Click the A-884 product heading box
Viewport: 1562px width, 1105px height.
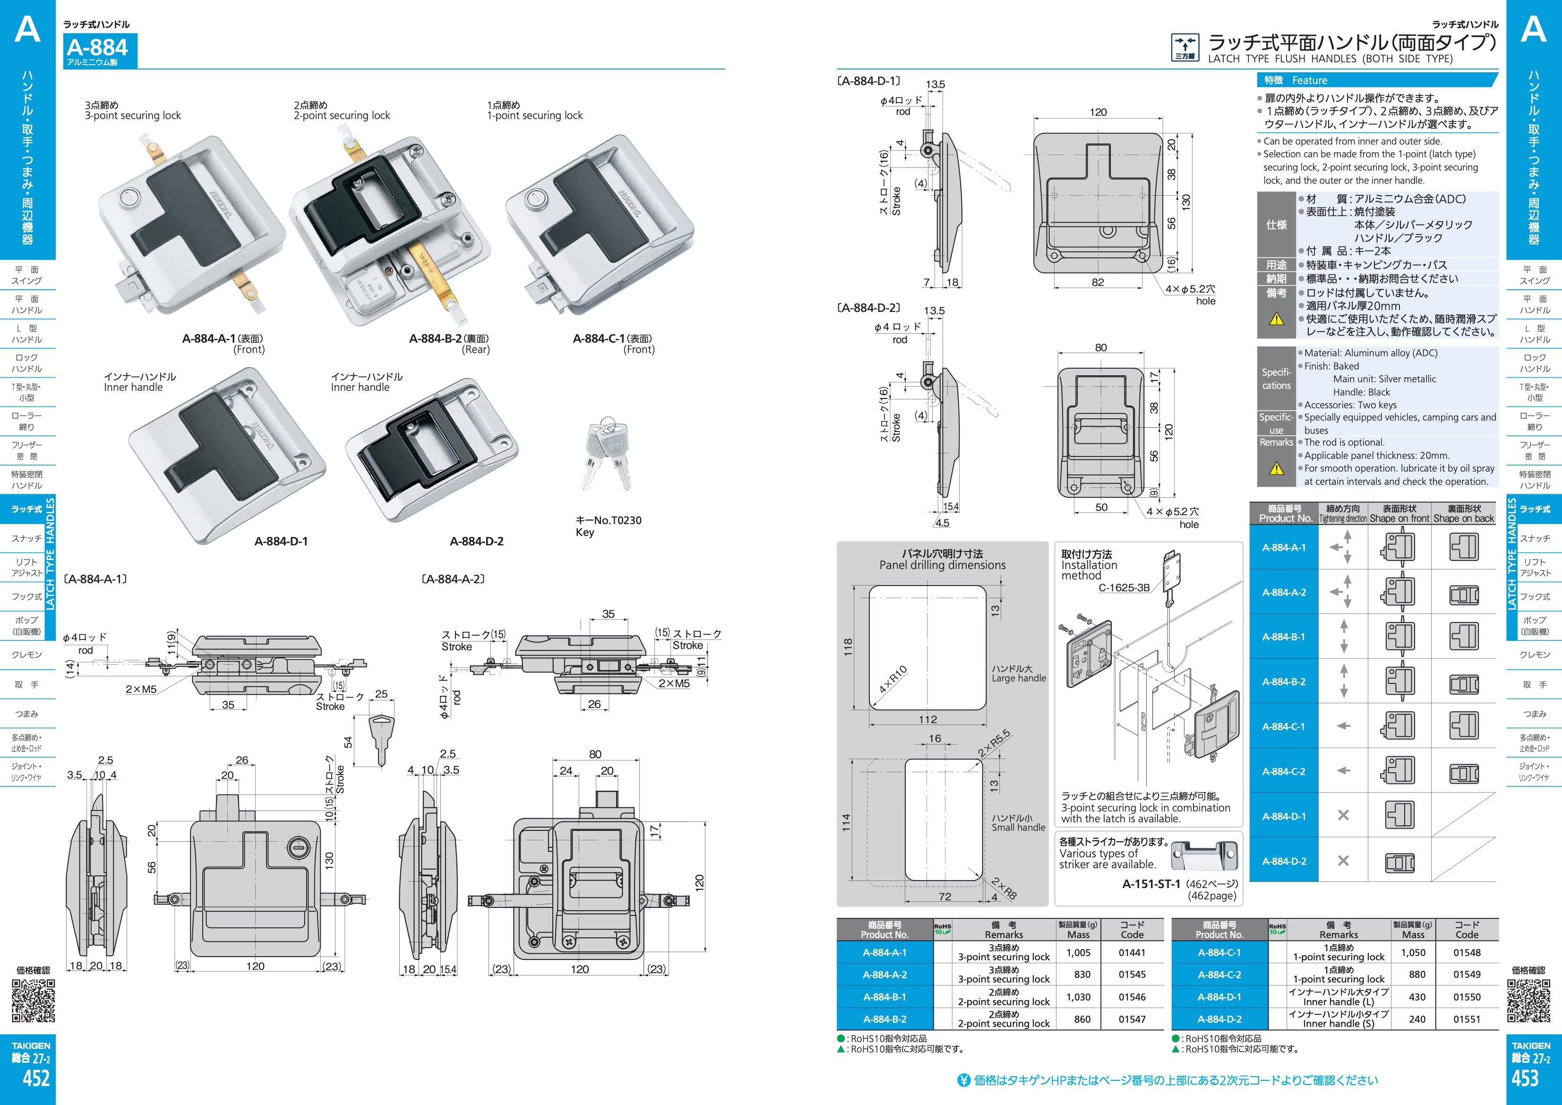99,51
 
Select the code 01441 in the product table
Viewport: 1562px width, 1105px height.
1132,953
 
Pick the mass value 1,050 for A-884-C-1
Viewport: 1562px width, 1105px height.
1413,953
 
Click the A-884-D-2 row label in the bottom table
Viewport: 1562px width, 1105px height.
1219,1019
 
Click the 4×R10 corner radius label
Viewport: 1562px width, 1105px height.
893,678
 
